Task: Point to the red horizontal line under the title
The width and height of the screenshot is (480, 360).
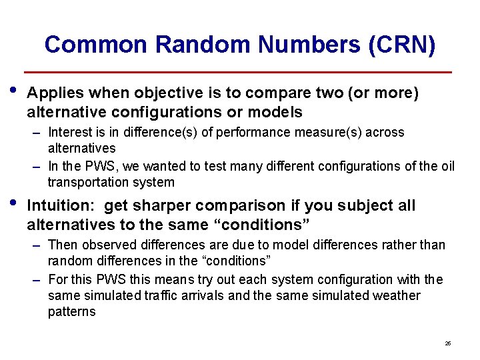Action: click(x=238, y=72)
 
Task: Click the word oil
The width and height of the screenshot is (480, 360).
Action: click(x=445, y=167)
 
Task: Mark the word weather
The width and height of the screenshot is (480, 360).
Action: click(x=396, y=295)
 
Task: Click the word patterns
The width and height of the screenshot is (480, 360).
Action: click(x=72, y=311)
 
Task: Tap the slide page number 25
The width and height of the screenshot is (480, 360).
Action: click(x=447, y=343)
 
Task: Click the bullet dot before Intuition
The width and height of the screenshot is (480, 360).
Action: click(x=15, y=201)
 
